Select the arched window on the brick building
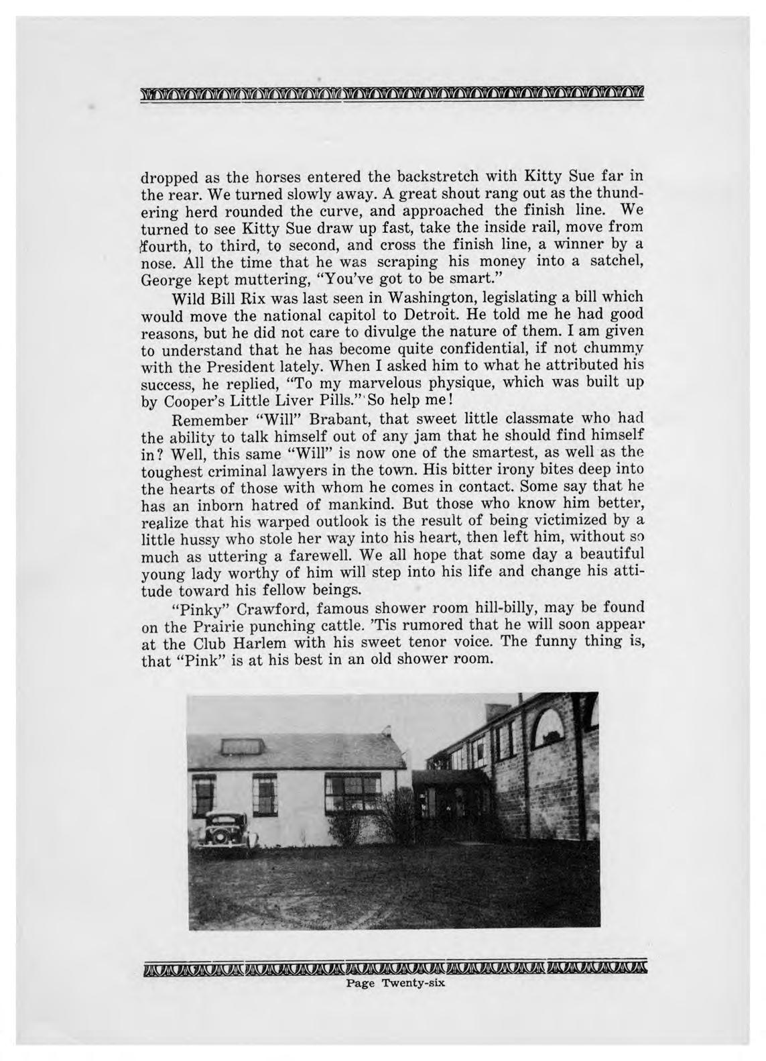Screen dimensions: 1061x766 [x=555, y=725]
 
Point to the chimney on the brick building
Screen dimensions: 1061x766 [x=496, y=712]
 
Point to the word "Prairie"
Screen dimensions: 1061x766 [x=219, y=626]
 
